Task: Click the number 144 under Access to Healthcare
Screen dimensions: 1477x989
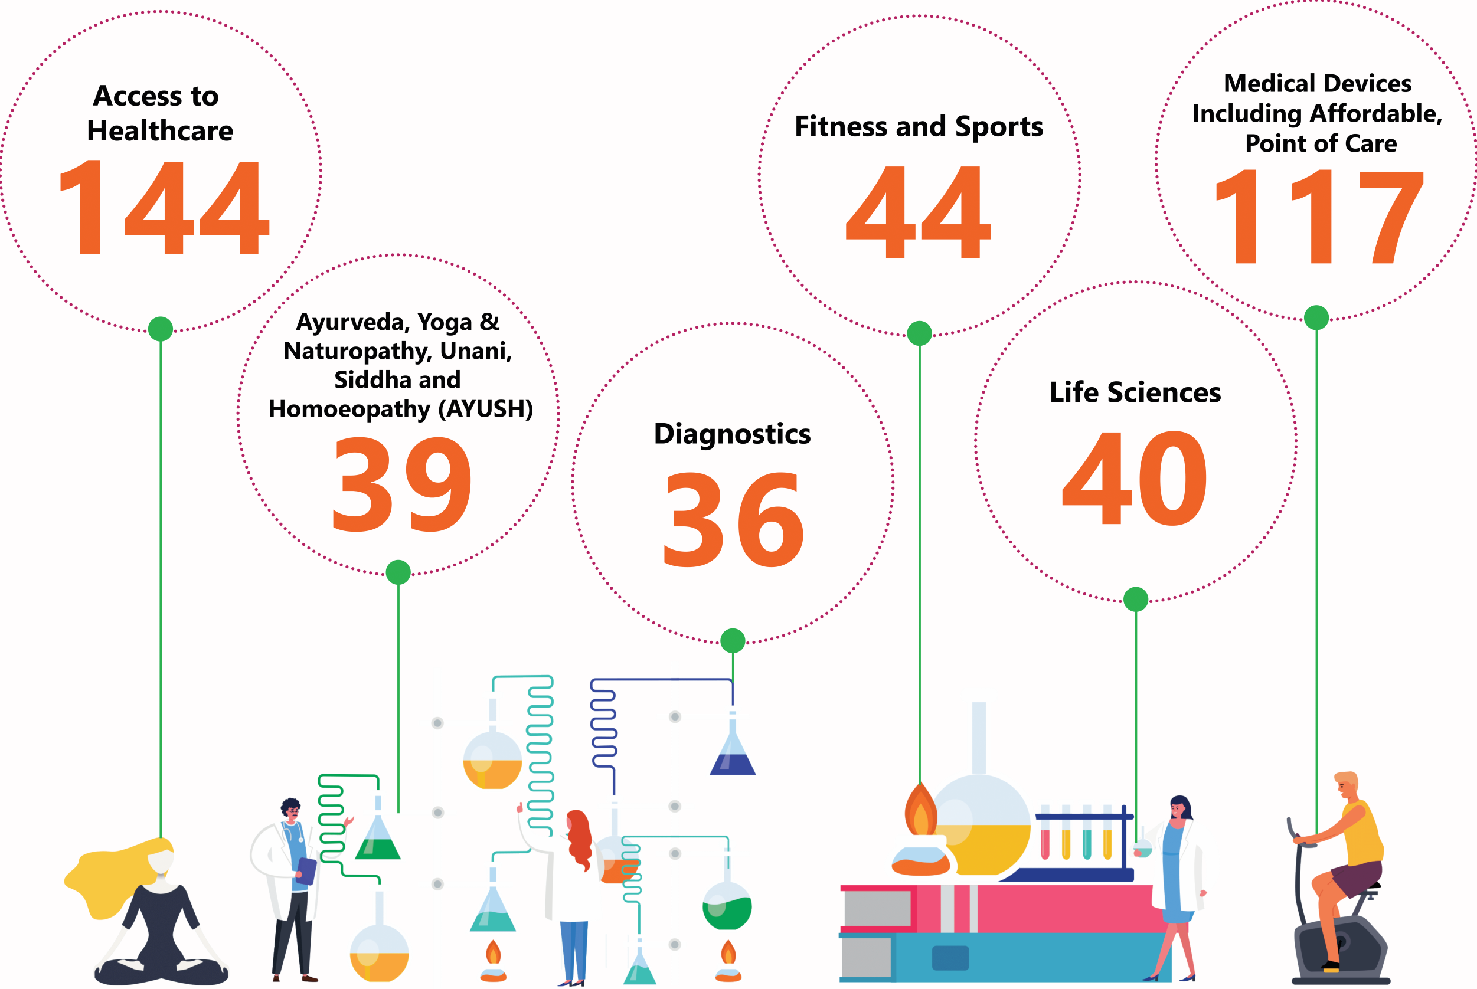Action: click(x=164, y=207)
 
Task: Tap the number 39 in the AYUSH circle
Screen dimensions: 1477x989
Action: click(x=401, y=484)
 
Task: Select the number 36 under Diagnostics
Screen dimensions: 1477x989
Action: click(x=734, y=519)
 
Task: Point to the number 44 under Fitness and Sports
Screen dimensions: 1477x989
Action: click(x=919, y=212)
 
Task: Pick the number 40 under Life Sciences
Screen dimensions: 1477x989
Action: click(x=1135, y=477)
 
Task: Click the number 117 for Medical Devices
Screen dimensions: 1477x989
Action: click(x=1319, y=217)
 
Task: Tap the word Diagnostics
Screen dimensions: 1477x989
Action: click(x=733, y=434)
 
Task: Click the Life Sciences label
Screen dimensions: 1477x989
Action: click(x=1135, y=392)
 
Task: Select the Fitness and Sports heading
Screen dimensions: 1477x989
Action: click(x=919, y=127)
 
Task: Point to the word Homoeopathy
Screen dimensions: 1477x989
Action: click(x=349, y=410)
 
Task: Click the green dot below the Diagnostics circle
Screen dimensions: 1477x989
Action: click(x=733, y=641)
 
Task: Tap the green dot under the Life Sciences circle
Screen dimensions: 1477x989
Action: click(x=1136, y=599)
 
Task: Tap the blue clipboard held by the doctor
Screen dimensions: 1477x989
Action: click(x=306, y=871)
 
